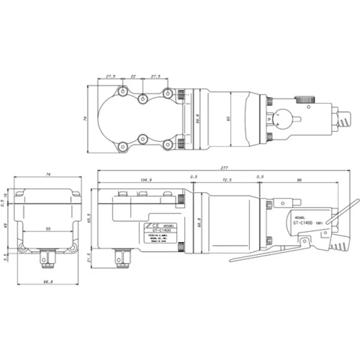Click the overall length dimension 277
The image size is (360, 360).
(224, 168)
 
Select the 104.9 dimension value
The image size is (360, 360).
(146, 180)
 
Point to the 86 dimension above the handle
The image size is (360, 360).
(299, 180)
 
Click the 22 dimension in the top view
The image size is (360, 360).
(133, 76)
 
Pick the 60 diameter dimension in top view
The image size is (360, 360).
(229, 119)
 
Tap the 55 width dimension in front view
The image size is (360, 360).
(48, 229)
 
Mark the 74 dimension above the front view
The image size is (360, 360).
(48, 174)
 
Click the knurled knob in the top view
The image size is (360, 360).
(304, 99)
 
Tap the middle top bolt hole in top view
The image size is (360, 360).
(144, 97)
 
